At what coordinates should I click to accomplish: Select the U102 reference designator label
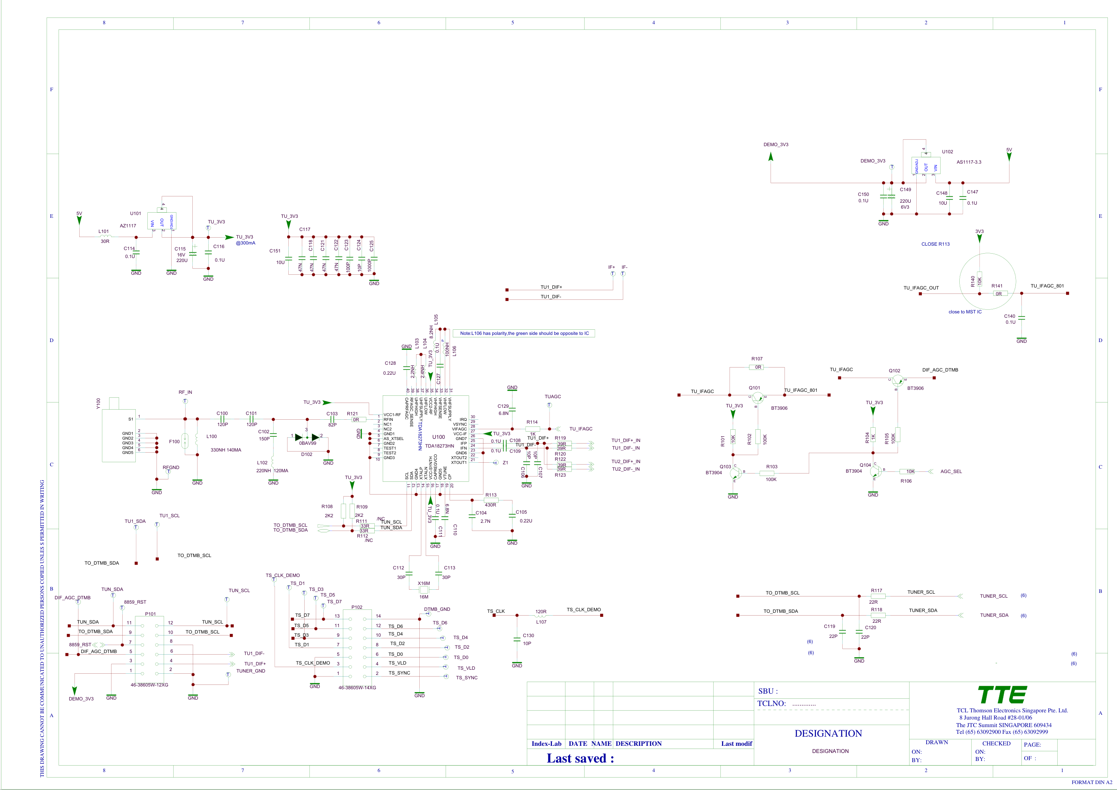coord(947,152)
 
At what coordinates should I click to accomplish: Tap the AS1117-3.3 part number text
coord(968,162)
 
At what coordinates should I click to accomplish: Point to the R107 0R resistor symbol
coord(757,367)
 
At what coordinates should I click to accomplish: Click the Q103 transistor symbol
coord(735,472)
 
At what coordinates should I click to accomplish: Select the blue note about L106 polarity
coord(524,333)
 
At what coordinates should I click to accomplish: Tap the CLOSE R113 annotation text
coord(935,244)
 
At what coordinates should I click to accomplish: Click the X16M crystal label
coord(424,583)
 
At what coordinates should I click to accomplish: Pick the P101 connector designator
coord(151,614)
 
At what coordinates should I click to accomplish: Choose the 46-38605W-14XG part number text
coord(357,687)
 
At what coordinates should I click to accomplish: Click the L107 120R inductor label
coord(541,622)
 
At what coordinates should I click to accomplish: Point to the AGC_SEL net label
coord(951,471)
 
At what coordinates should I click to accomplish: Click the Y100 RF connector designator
coord(98,403)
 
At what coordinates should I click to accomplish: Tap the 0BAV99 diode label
coord(307,443)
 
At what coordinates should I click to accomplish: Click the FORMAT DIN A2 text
coord(1091,782)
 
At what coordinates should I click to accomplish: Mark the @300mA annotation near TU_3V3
coord(245,243)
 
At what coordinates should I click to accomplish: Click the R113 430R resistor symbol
coord(491,500)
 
